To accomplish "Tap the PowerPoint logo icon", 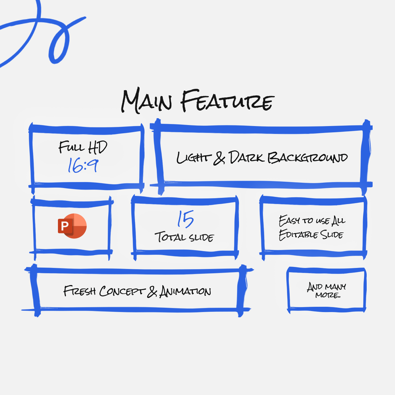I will (72, 226).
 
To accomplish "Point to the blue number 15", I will (185, 219).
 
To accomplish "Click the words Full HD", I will (83, 147).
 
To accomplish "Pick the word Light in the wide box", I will (193, 158).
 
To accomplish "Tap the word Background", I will (307, 158).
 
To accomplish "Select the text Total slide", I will (184, 237).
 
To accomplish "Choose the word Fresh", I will (79, 291).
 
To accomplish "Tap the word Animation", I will (185, 292).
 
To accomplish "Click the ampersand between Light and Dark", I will (219, 158).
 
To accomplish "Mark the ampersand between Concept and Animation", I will (152, 291).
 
